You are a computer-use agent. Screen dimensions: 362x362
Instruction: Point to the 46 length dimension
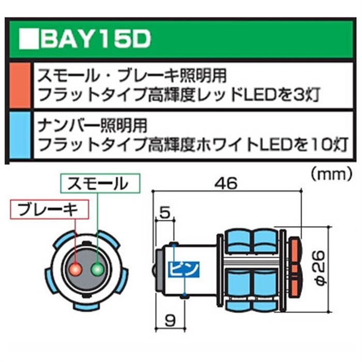click(226, 184)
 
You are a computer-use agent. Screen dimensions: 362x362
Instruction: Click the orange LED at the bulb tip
click(295, 269)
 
